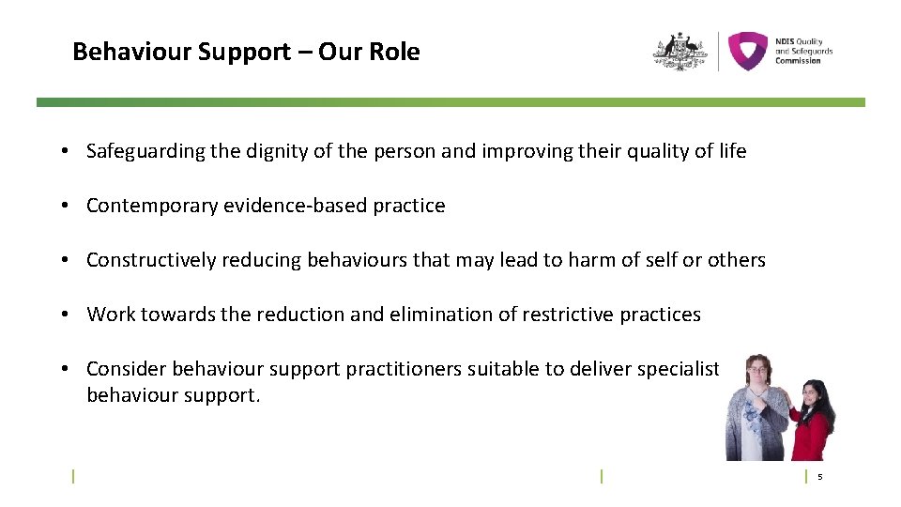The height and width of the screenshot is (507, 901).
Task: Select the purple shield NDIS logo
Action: (748, 51)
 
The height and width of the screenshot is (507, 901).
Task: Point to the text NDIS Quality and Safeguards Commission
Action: (803, 51)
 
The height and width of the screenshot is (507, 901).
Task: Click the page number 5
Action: (819, 477)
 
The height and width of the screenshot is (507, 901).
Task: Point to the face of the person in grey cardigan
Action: (756, 371)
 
